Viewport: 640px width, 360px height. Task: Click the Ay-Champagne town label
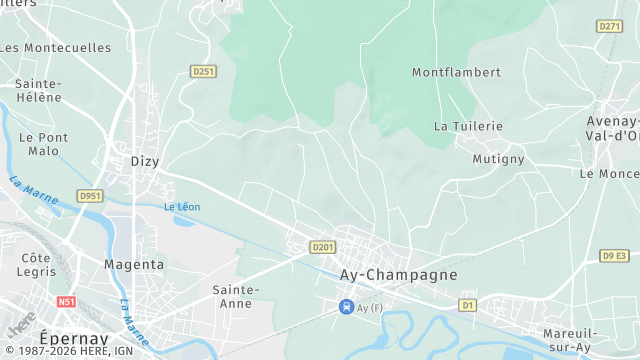398,274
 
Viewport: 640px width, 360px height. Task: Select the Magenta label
134,265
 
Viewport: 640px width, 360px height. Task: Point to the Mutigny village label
498,159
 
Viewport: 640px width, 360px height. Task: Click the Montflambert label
456,72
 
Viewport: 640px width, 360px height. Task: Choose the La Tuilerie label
468,126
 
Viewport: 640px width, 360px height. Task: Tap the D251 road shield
203,71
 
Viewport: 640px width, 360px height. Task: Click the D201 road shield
322,247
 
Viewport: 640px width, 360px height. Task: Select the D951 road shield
90,196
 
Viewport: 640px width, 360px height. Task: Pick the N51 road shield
67,301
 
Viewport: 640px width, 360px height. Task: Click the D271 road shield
608,26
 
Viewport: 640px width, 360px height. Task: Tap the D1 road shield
467,304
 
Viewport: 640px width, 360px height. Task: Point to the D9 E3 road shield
615,256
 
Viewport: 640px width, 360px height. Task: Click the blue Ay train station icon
346,306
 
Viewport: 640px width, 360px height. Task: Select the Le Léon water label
182,207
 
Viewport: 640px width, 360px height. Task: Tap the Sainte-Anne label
236,296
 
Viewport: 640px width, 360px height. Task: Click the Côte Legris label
36,265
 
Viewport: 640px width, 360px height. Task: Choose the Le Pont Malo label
44,144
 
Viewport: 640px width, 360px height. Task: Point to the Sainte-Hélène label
39,91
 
